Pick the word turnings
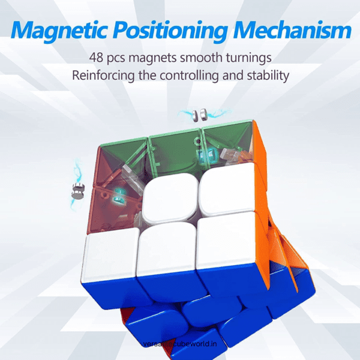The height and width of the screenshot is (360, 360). (245, 58)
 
